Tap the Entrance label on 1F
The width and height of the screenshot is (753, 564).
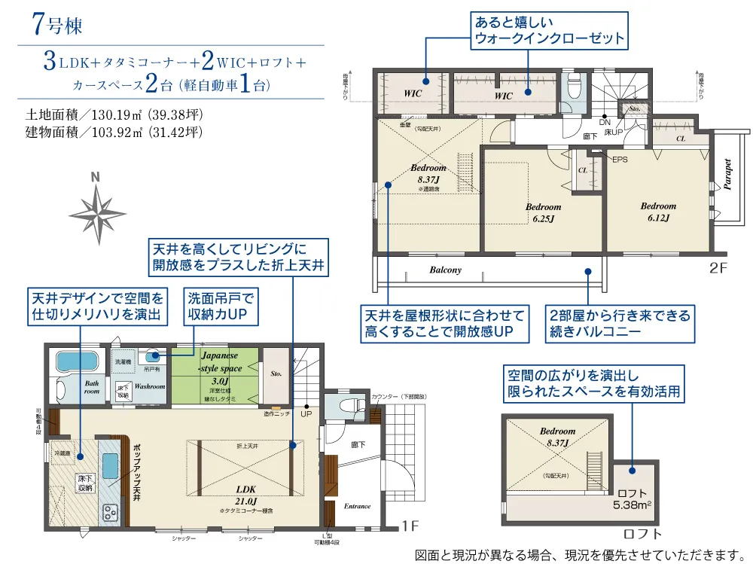tap(358, 507)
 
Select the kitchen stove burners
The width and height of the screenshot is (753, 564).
tap(110, 513)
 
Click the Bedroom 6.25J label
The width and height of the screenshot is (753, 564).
tap(543, 213)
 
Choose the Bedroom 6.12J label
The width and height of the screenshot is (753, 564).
tap(658, 212)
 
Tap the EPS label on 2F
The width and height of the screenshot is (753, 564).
tap(619, 160)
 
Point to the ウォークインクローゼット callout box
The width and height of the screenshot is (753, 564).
tap(549, 31)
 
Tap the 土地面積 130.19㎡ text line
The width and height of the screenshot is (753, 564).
tap(114, 116)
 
